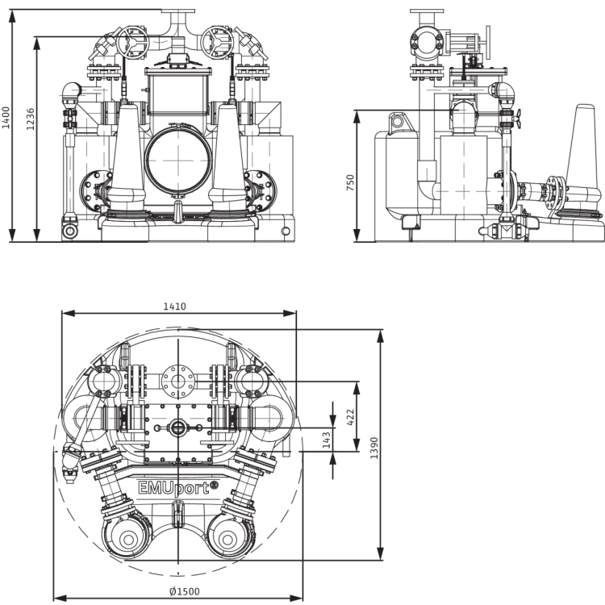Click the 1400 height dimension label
(6, 118)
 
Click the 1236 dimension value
(31, 119)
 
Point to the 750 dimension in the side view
(350, 182)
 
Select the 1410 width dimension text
(174, 307)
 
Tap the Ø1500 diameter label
(185, 591)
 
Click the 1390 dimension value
(373, 448)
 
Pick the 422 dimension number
(350, 418)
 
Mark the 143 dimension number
(327, 440)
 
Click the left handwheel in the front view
(133, 43)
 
